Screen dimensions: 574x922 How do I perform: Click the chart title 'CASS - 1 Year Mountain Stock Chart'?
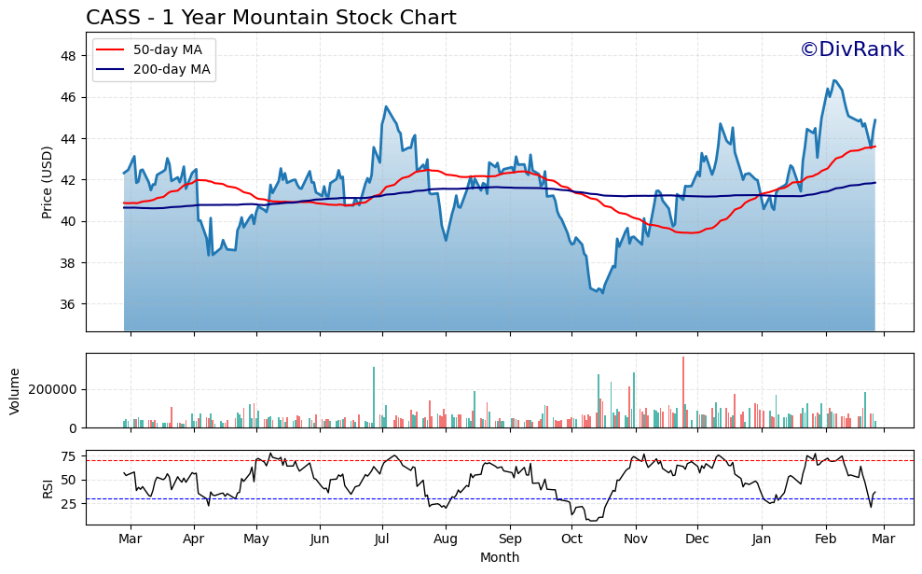[270, 18]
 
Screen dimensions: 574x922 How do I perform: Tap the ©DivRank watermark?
[851, 49]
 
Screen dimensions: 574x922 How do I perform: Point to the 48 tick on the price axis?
[68, 56]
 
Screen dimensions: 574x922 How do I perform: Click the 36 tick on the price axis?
[68, 304]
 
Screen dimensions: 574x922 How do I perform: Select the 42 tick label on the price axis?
[68, 180]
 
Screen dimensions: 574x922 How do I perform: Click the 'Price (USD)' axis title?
[47, 182]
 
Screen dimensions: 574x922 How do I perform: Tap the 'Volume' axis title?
[14, 390]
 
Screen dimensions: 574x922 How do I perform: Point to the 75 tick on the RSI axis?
[68, 456]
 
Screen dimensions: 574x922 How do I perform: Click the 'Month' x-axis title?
[500, 557]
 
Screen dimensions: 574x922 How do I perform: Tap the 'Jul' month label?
[382, 539]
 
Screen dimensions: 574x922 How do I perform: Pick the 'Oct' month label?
[571, 539]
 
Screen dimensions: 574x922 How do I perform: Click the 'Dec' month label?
[697, 539]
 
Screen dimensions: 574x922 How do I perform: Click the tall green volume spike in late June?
[374, 397]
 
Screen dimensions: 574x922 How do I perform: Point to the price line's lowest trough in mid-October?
[602, 293]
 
